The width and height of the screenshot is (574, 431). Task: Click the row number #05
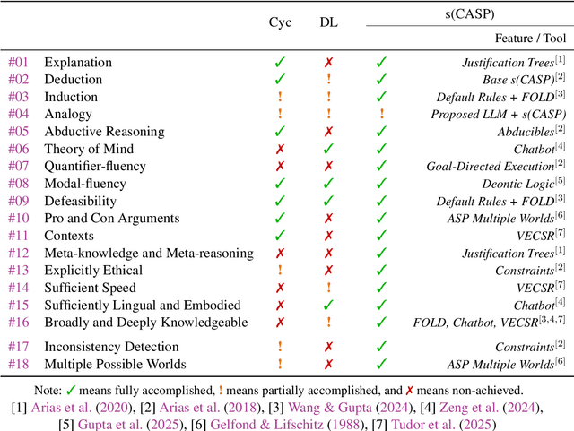(x=19, y=132)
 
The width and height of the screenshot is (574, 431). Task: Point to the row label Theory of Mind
(x=90, y=149)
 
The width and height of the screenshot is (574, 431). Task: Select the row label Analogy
(x=67, y=114)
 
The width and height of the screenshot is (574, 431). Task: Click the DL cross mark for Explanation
(x=330, y=63)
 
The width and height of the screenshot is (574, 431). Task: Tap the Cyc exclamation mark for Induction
(x=280, y=97)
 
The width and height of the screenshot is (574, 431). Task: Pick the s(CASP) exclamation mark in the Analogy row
(x=381, y=114)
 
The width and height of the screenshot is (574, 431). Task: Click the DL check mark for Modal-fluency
(x=330, y=184)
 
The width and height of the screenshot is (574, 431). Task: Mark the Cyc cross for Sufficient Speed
(x=280, y=288)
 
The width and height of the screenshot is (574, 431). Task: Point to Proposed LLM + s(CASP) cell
(x=494, y=114)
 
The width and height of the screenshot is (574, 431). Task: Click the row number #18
(x=19, y=364)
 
